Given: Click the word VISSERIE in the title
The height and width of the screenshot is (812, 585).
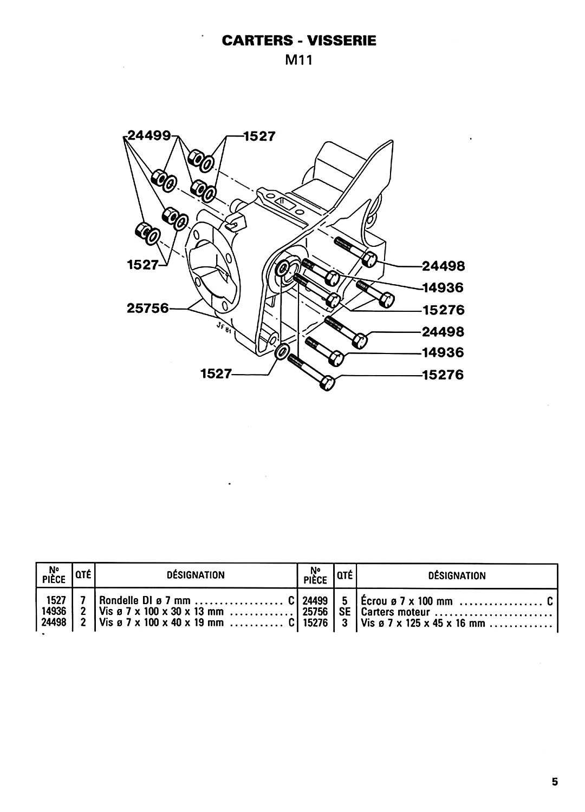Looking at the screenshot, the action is click(x=342, y=41).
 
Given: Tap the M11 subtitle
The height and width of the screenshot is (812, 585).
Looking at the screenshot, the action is click(x=298, y=60).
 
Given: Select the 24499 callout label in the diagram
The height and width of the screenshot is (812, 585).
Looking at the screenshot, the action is click(x=149, y=135).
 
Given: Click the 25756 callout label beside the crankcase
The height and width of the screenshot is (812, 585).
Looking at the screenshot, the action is click(x=148, y=309).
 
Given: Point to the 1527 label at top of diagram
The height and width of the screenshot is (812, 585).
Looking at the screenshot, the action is click(x=259, y=136).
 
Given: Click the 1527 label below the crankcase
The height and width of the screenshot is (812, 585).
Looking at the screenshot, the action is click(x=216, y=374).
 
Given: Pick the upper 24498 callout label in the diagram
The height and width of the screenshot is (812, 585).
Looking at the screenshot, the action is click(x=443, y=266).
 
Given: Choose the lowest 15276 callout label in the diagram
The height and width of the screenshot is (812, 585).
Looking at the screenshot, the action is click(x=443, y=375).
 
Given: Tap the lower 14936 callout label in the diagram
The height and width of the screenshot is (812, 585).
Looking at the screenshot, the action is click(x=443, y=352).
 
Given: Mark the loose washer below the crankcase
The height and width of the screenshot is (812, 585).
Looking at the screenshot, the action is click(x=282, y=352).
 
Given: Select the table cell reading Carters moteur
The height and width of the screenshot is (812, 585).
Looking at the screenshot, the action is click(x=395, y=612).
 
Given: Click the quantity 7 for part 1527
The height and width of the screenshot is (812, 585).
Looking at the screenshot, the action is click(x=83, y=601).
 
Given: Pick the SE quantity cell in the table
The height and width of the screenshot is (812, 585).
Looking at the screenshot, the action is click(x=344, y=612).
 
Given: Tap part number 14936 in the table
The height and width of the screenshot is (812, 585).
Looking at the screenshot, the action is click(x=54, y=612).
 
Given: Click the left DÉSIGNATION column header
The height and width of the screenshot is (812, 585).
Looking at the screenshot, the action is click(x=196, y=575).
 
